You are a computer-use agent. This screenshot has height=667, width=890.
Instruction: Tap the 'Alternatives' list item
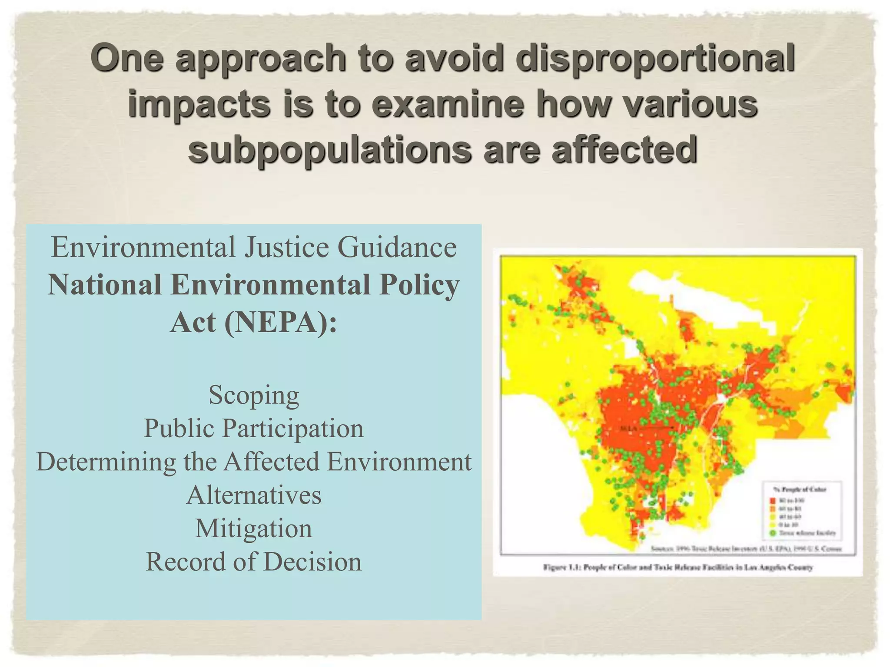(x=254, y=495)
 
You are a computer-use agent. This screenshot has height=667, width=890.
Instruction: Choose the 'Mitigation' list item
(x=254, y=528)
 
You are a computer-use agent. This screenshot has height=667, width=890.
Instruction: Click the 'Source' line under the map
(x=746, y=548)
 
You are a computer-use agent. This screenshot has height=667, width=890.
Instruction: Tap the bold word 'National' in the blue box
(x=105, y=285)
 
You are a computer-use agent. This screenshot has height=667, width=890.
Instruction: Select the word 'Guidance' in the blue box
(x=397, y=247)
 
